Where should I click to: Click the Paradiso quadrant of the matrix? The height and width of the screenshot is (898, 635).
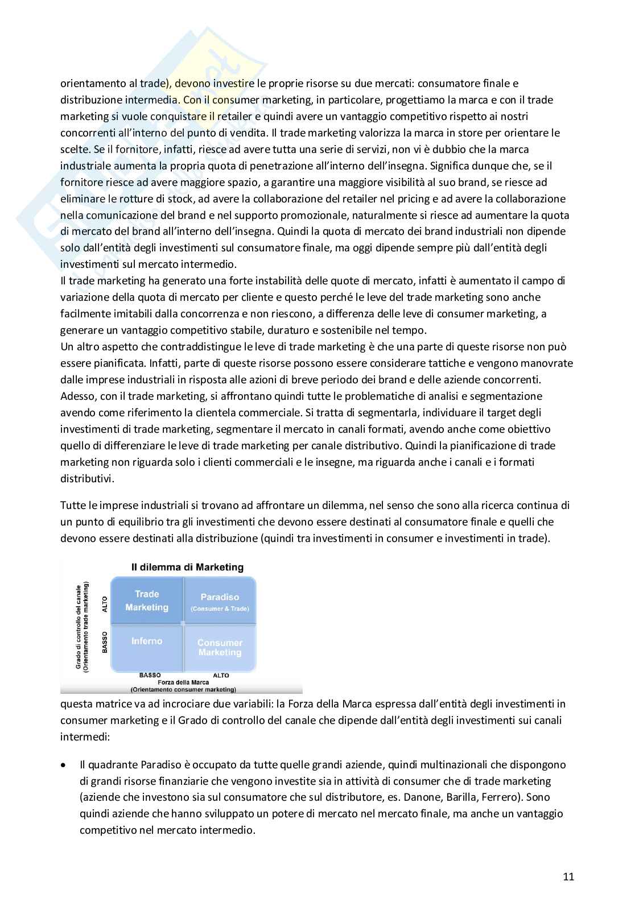220,601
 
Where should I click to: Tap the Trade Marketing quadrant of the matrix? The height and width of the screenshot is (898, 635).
147,601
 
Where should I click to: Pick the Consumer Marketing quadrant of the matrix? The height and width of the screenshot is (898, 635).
220,647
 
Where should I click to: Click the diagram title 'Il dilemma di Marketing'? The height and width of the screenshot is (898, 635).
187,567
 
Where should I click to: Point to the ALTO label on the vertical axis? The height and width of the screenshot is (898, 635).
105,604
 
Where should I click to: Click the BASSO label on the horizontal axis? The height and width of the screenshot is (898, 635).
150,676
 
